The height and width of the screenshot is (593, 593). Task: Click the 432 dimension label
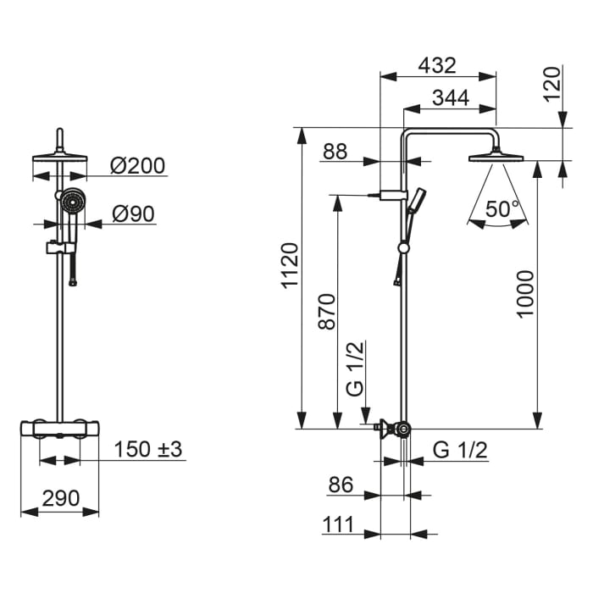point(438,64)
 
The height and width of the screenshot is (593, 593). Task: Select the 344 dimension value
point(450,97)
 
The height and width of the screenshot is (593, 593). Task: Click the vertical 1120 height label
point(290,264)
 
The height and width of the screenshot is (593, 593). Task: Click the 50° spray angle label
point(498,208)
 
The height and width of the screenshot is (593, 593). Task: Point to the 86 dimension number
point(341,485)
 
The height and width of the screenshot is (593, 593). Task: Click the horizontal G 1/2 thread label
point(460,451)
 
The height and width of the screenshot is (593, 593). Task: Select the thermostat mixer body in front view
point(60,427)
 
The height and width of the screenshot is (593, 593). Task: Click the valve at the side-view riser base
point(392,429)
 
